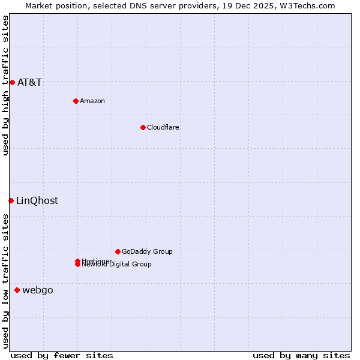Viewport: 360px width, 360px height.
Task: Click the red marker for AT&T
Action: point(12,82)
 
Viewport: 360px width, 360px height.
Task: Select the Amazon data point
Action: point(76,101)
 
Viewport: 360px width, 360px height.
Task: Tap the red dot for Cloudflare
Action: point(143,127)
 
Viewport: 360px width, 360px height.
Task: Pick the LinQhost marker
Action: point(11,200)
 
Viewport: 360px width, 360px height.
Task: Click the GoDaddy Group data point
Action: point(118,251)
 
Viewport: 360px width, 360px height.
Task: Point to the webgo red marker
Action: point(17,290)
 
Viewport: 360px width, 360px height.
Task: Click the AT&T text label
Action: point(29,83)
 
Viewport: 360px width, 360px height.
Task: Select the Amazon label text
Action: point(92,101)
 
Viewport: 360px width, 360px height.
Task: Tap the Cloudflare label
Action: point(163,127)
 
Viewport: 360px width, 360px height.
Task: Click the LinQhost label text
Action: point(37,201)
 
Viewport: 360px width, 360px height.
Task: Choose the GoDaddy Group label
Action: point(147,251)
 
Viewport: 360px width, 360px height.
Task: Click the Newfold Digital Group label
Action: point(117,265)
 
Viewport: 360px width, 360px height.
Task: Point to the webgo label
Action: point(38,290)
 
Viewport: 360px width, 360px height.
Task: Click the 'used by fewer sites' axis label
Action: point(62,355)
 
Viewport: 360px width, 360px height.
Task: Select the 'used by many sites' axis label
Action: point(301,355)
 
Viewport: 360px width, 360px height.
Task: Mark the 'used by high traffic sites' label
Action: point(6,85)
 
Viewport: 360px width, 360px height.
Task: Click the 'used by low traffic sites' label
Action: point(6,280)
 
